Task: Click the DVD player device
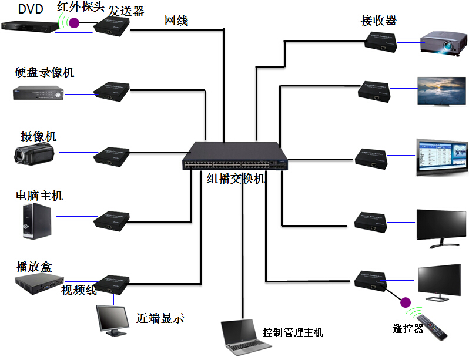coord(29,26)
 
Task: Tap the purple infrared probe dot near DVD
coord(75,23)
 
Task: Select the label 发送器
coord(126,10)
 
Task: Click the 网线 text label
coord(176,21)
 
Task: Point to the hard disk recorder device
coord(38,92)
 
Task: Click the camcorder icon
coord(35,154)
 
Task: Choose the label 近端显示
coord(160,318)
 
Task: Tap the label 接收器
coord(378,21)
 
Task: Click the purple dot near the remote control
coord(404,302)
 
